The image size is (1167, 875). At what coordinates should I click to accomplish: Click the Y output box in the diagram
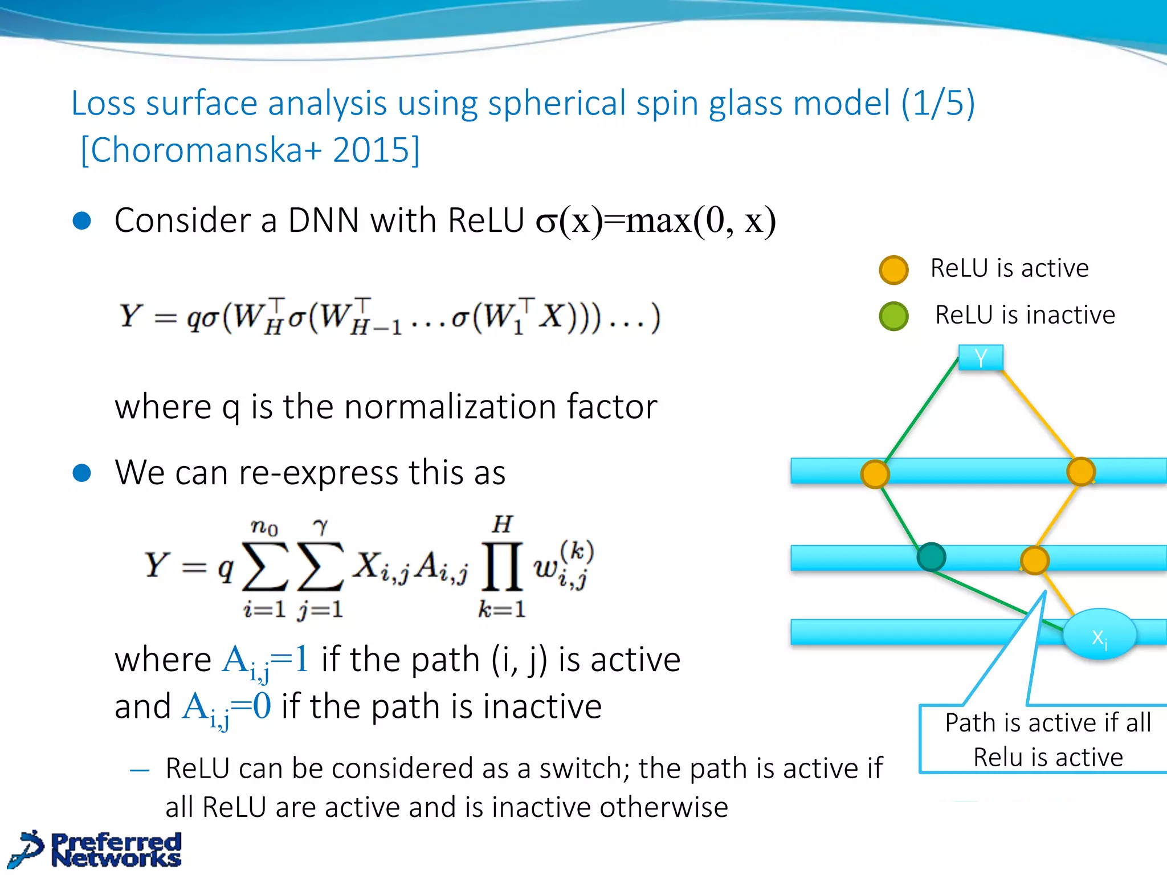coord(980,358)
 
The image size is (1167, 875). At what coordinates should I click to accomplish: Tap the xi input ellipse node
coord(1099,635)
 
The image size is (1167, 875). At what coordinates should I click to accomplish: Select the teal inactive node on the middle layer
coord(931,557)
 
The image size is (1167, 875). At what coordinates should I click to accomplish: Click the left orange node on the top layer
coord(875,473)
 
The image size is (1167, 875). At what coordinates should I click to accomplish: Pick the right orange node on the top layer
coord(1080,472)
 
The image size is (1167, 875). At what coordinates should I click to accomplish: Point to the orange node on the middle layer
coord(1034,560)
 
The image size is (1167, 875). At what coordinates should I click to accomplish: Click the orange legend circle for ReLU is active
coord(893,269)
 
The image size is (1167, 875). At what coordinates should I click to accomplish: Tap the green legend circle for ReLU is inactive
coord(893,316)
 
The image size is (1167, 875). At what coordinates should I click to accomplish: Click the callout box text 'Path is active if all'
coord(1047,722)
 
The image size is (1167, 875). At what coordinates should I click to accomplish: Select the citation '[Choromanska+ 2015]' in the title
coord(250,150)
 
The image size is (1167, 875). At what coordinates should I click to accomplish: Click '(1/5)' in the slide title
coord(937,103)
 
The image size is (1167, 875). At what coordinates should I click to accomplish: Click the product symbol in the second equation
coord(501,566)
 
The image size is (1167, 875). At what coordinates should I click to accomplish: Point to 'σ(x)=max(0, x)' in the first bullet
coord(655,221)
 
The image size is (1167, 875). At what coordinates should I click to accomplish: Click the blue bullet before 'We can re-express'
coord(82,473)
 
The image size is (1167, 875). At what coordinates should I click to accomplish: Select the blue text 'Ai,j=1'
coord(266,661)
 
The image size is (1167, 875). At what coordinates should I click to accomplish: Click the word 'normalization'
coord(450,407)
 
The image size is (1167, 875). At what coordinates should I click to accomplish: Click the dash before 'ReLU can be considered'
coord(140,771)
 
